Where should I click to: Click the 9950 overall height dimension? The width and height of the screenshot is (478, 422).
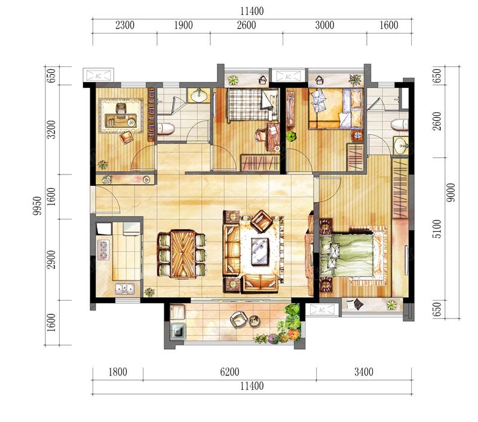coord(37,206)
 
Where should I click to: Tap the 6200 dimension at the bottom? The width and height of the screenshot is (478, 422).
coord(229,372)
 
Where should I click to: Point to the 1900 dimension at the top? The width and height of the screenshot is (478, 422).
coord(183,25)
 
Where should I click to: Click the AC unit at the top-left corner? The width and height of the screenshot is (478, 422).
coord(98,75)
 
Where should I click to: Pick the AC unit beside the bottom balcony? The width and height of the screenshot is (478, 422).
coord(322,310)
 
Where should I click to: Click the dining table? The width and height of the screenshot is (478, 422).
coord(183,254)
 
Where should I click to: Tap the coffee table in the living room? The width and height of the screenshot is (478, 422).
coord(260,252)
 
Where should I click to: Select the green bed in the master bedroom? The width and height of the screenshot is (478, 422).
coord(352,255)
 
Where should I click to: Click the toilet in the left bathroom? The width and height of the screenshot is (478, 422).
coord(166,129)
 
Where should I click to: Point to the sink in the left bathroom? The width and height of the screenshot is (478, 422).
coord(199,96)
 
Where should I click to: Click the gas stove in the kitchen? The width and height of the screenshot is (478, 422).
coord(103,250)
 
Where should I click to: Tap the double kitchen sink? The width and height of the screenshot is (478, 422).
coord(125,289)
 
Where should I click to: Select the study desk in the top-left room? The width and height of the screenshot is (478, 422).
coord(121,120)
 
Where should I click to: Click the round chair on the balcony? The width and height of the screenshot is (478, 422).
coord(238,319)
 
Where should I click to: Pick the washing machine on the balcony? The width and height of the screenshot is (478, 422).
coord(177,331)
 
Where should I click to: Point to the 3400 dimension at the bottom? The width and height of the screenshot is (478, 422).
coord(364,372)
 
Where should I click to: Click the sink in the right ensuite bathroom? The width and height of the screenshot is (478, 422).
coord(400,146)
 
